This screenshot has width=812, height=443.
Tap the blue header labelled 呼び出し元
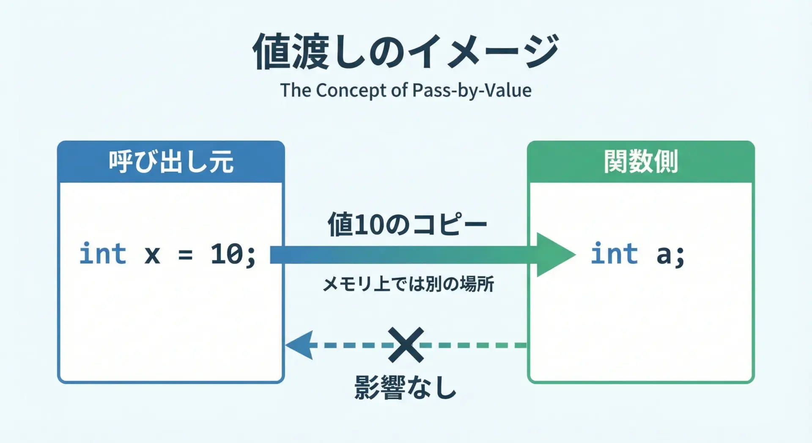pyautogui.click(x=171, y=162)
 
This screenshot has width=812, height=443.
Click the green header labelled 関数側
pyautogui.click(x=641, y=162)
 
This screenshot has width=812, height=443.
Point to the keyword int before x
pyautogui.click(x=103, y=254)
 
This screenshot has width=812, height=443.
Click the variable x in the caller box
pyautogui.click(x=152, y=255)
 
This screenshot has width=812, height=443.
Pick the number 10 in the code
pyautogui.click(x=227, y=254)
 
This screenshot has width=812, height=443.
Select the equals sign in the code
pyautogui.click(x=185, y=255)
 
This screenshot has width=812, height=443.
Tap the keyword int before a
pyautogui.click(x=614, y=254)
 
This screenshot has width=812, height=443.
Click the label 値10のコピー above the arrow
pyautogui.click(x=407, y=224)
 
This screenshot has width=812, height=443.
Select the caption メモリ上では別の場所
pyautogui.click(x=408, y=284)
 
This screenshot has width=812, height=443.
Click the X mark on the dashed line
pyautogui.click(x=406, y=345)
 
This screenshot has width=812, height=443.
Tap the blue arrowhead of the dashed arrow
pyautogui.click(x=300, y=345)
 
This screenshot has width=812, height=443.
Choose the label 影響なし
pyautogui.click(x=406, y=388)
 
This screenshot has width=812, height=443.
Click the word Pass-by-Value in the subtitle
pyautogui.click(x=472, y=91)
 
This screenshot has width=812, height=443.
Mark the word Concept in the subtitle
pyautogui.click(x=351, y=91)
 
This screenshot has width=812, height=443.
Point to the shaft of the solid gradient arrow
pyautogui.click(x=402, y=255)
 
